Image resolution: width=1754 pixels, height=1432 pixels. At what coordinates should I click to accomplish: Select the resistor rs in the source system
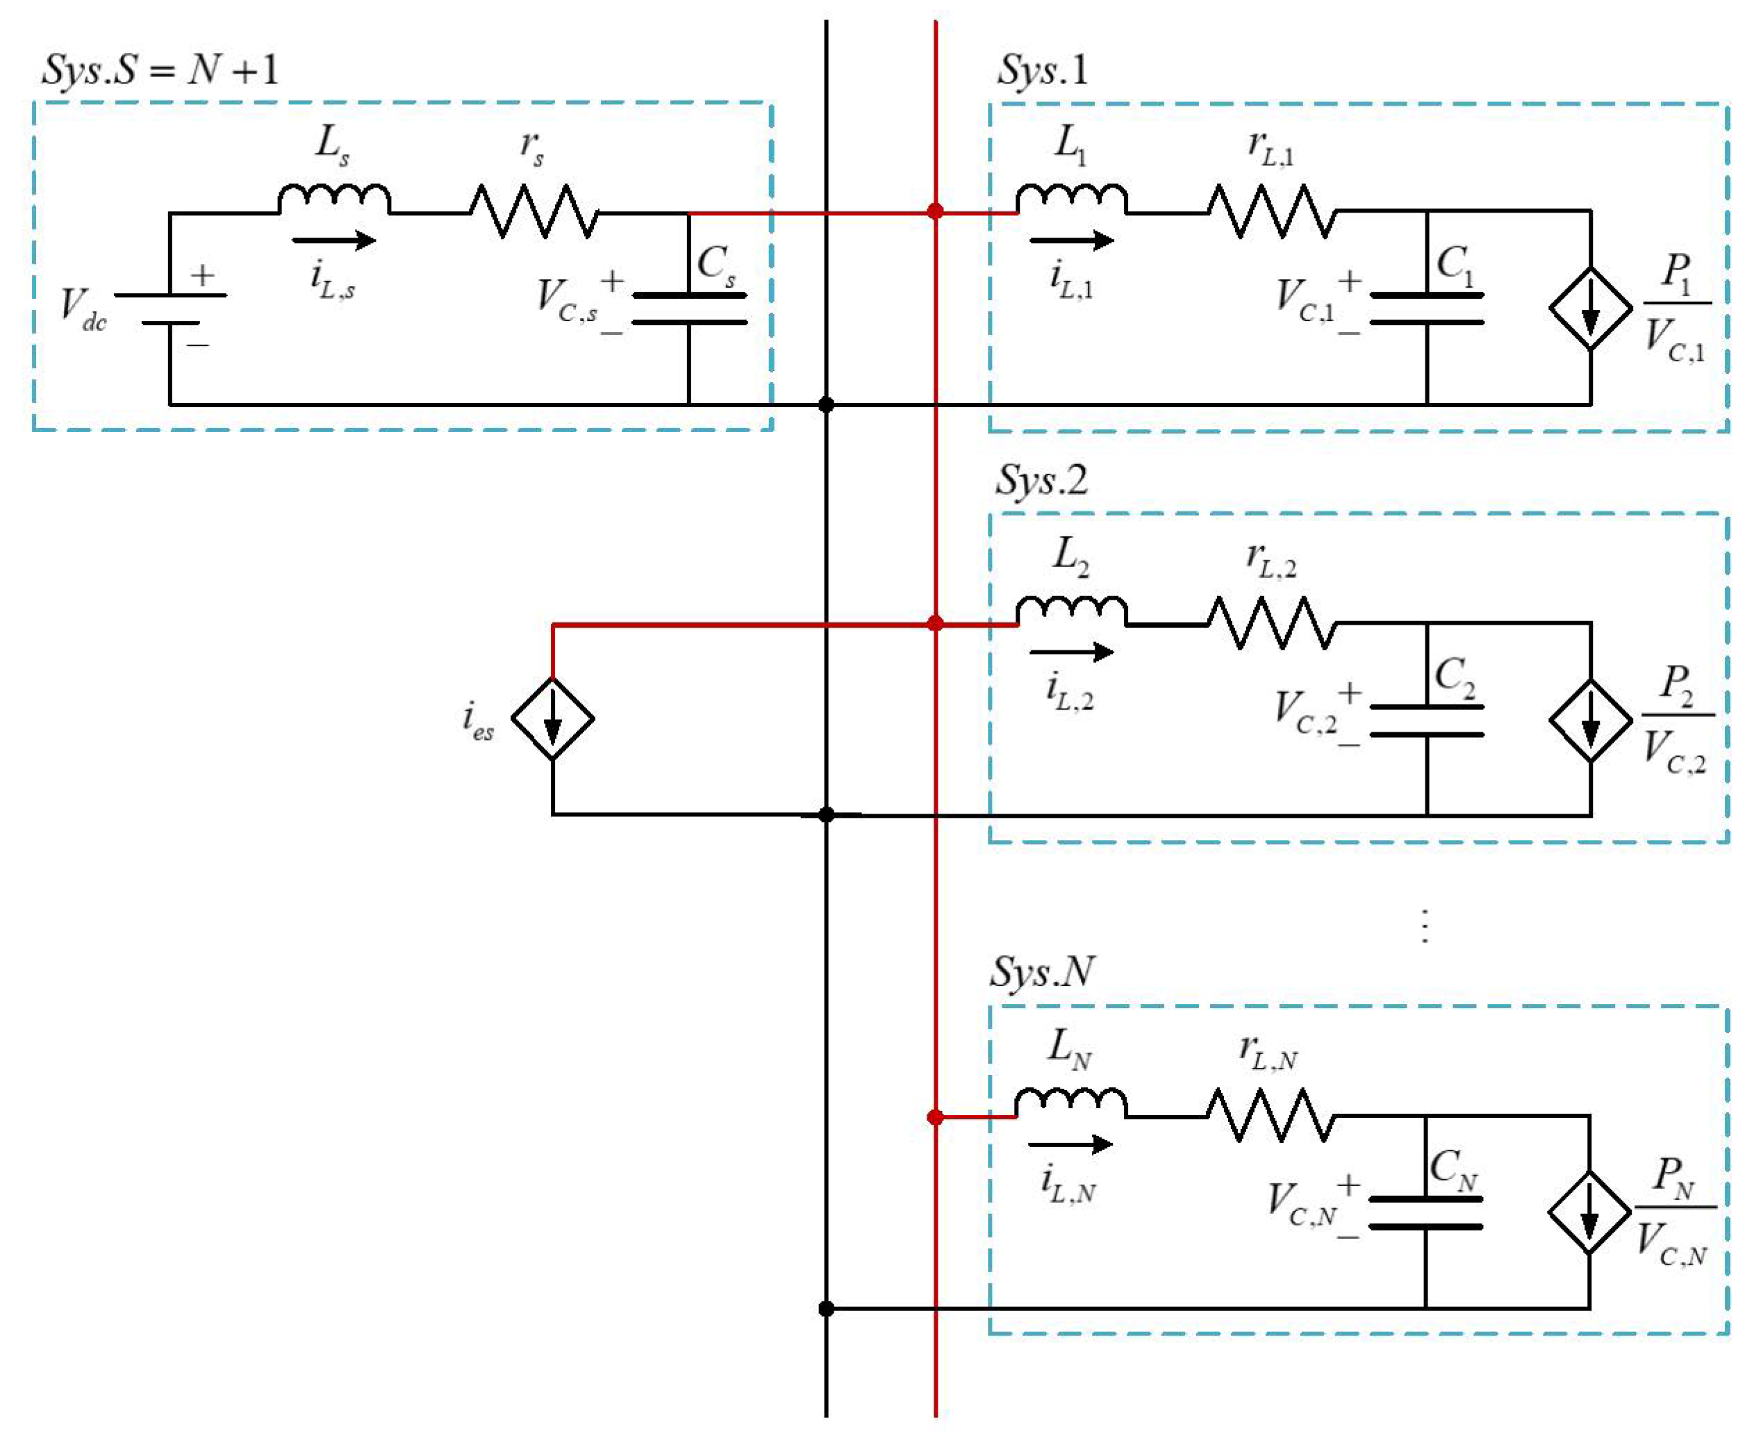pos(534,212)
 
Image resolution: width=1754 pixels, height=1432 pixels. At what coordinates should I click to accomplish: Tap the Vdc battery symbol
pos(170,308)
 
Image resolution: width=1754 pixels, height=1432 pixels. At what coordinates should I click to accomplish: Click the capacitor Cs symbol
pos(688,308)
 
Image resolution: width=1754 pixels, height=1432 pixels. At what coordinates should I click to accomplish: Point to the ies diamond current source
pos(552,718)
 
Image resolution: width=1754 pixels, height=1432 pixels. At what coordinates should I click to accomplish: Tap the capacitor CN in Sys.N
pos(1426,1212)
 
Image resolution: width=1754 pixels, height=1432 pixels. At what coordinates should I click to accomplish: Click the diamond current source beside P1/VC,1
pos(1590,308)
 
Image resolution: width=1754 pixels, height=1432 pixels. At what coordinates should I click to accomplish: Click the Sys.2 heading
pos(1041,480)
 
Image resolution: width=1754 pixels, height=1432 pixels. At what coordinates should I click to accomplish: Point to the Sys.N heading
pos(1041,972)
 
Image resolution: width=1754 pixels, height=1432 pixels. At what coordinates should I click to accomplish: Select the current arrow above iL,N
pos(1070,1145)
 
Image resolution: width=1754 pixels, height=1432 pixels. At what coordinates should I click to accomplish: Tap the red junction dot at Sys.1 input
pos(935,211)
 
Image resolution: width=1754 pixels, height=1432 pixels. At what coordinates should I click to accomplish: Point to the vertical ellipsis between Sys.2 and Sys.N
pos(1425,926)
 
